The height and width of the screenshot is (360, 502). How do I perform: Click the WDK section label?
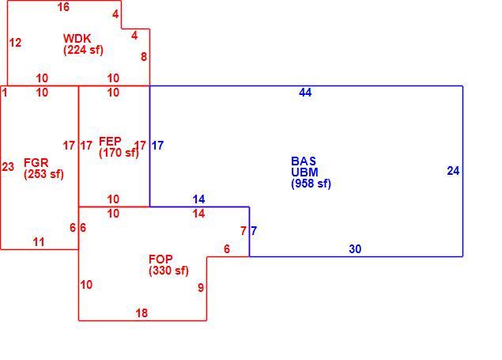point(77,39)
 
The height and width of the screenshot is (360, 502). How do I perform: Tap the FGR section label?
point(36,163)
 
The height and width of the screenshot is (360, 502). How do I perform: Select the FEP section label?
point(110,142)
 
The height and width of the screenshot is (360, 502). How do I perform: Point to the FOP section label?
point(160,259)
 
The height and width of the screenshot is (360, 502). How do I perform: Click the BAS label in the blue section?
point(304,161)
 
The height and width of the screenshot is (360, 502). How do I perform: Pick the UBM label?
point(304,172)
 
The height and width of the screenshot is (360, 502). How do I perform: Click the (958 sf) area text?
point(311,184)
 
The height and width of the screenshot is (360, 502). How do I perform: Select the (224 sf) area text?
point(83,50)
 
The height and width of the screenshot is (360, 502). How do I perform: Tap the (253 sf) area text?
point(43,174)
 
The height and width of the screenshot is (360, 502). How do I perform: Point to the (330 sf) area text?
point(168,271)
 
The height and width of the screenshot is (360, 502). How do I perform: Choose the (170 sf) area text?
point(119,153)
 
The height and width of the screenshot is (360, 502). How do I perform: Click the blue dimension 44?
point(305,93)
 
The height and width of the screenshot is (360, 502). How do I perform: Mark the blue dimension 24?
point(453,171)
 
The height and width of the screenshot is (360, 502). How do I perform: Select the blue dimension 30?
point(355,249)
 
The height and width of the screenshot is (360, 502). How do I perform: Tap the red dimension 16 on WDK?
point(63,7)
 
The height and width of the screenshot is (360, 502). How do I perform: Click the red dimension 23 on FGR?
point(8,166)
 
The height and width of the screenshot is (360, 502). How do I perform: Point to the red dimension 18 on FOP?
point(142,313)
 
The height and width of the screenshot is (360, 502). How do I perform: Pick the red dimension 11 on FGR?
point(39,242)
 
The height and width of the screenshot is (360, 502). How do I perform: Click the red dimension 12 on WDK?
point(15,43)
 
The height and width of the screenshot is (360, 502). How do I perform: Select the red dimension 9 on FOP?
point(201,288)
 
